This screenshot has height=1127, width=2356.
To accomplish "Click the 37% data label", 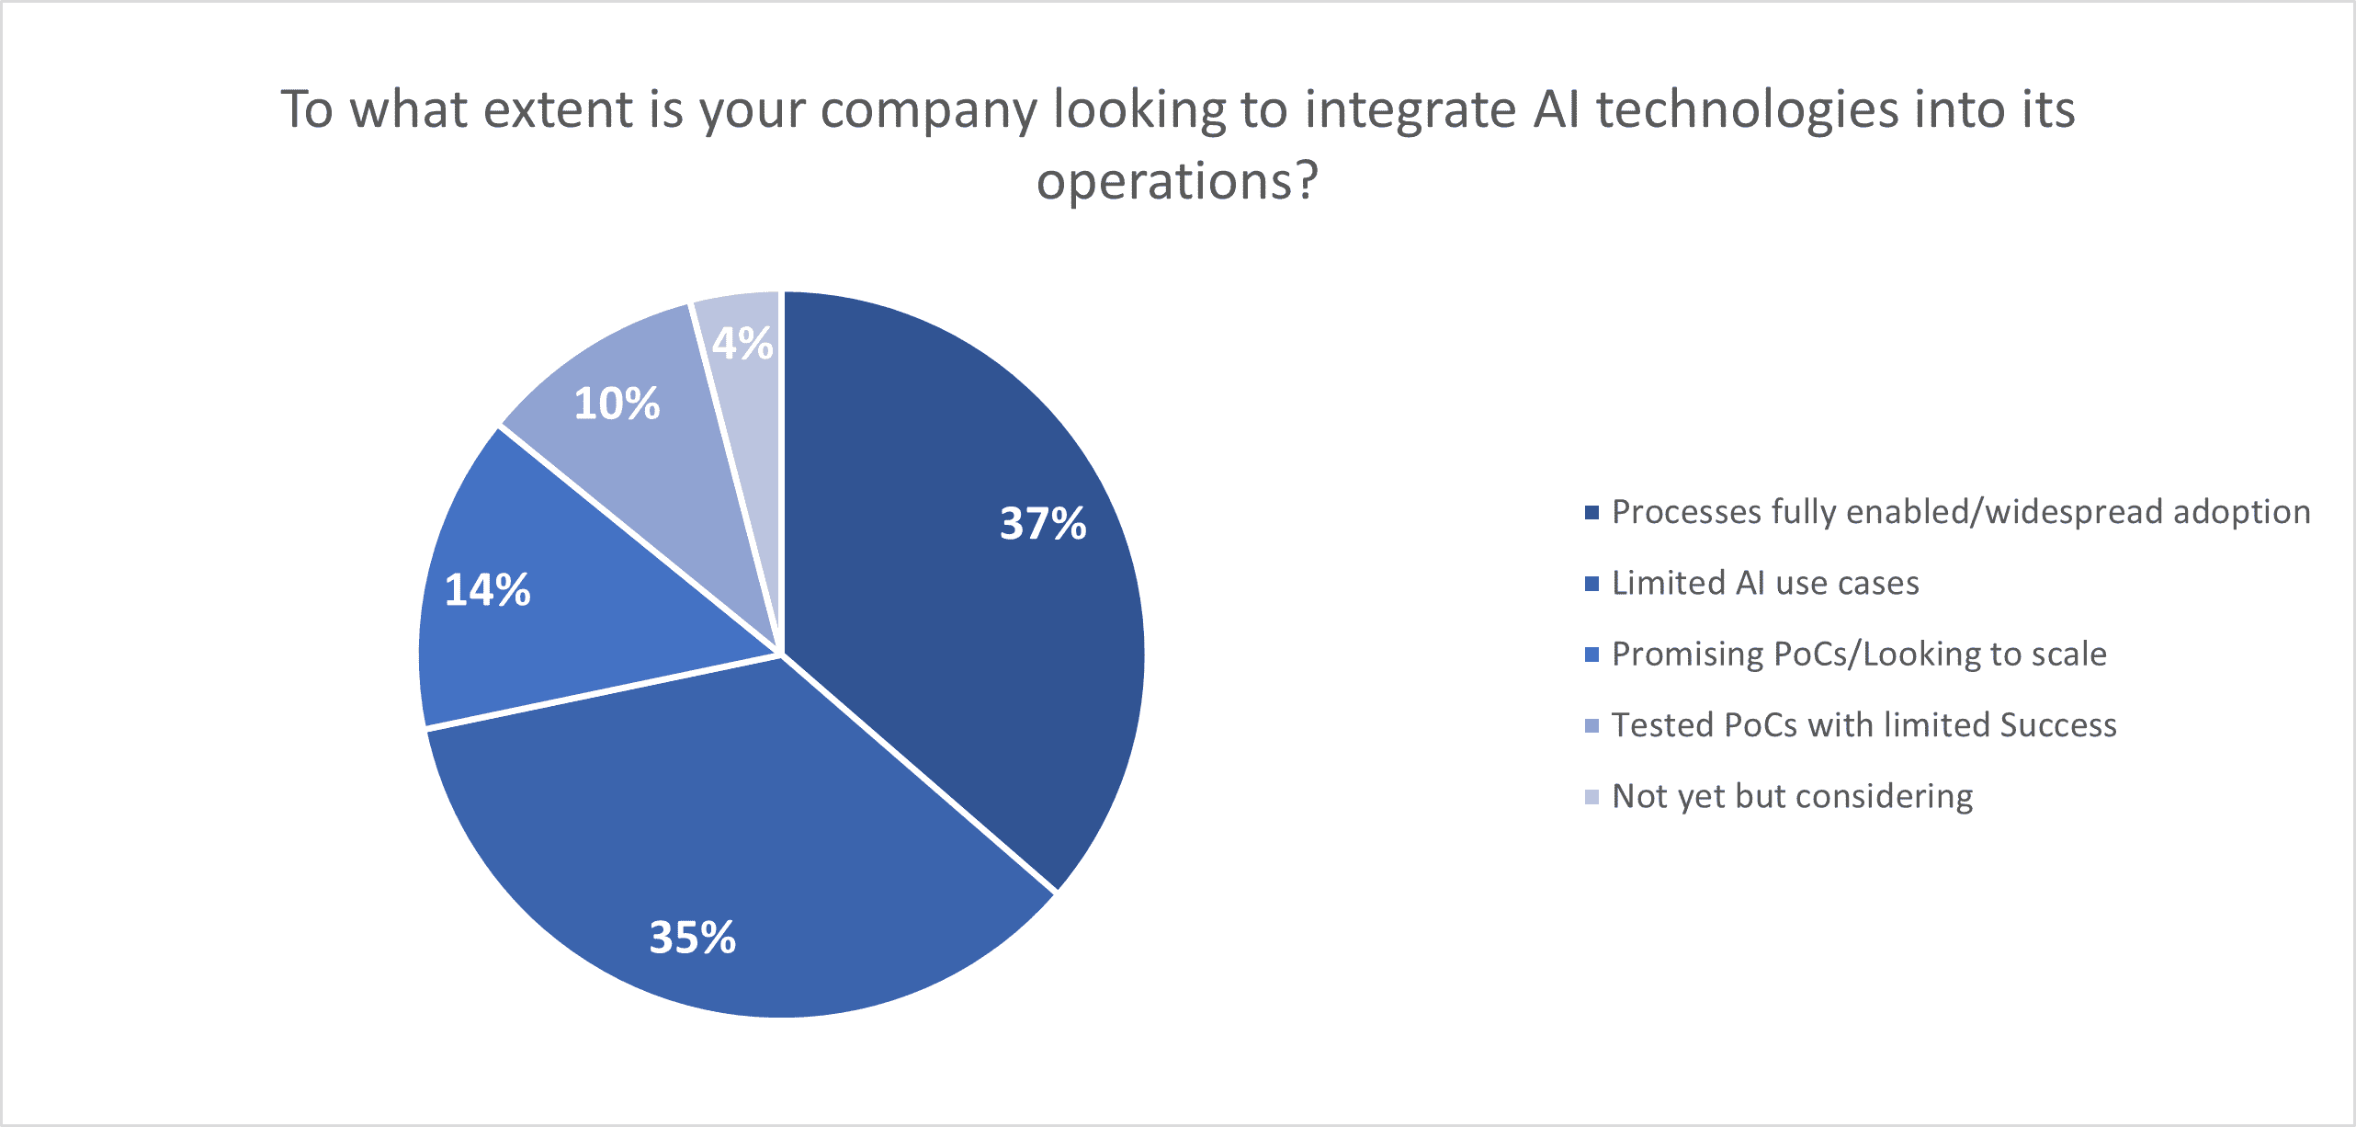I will (1043, 524).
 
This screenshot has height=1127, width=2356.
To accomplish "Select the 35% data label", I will (693, 938).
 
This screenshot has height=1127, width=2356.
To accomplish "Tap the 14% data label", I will (488, 590).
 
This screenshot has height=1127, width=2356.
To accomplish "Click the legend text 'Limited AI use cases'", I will (1765, 583).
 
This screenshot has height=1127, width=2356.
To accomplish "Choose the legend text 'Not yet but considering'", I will (1792, 796).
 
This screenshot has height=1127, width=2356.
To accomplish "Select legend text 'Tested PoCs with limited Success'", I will (1863, 725).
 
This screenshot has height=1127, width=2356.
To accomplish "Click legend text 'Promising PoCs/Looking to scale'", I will (1859, 654).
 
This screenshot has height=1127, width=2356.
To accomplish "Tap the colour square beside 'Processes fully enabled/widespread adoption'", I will (1592, 512).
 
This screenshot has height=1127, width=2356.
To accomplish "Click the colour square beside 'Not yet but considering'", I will (1592, 797).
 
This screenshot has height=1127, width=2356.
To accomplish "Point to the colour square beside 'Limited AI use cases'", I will (1592, 584).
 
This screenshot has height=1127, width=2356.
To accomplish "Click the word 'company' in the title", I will (928, 111).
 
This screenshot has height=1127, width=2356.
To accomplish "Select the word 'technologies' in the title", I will (1747, 109).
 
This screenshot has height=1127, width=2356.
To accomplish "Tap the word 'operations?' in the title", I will (1177, 181).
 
